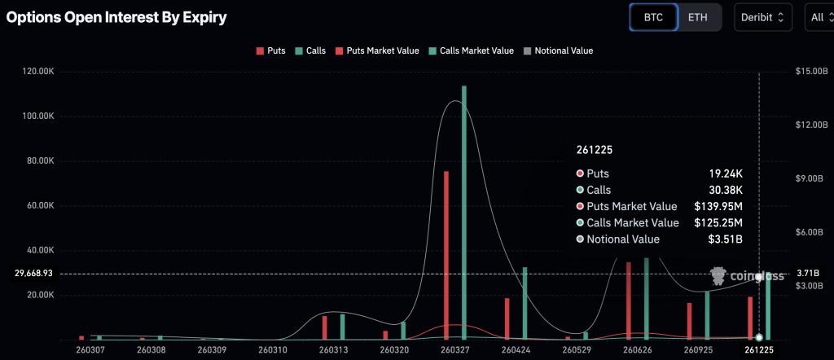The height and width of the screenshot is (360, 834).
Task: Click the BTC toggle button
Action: tap(653, 16)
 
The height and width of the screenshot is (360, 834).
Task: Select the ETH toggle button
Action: tap(698, 16)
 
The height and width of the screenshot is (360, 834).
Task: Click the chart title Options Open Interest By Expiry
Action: tap(116, 16)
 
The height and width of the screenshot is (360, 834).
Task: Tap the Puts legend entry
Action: tap(270, 50)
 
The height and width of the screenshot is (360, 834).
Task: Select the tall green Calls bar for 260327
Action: tap(464, 212)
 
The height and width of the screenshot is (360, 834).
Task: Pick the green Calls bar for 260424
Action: tap(525, 302)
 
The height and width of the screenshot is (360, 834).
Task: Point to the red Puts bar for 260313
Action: tap(324, 327)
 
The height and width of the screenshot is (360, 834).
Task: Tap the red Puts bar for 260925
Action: tap(689, 320)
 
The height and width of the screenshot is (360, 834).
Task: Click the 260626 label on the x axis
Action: tap(636, 349)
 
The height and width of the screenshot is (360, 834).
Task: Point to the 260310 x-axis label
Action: tap(272, 349)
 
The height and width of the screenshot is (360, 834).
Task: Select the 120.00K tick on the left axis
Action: tap(37, 72)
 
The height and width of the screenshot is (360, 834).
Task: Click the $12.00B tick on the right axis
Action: tap(811, 125)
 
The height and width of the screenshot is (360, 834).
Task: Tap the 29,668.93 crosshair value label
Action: tap(28, 274)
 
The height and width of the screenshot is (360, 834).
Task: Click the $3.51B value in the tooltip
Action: tap(725, 239)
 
